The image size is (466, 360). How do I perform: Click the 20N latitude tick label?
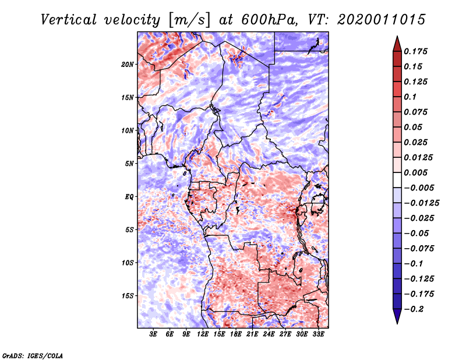(x=128, y=64)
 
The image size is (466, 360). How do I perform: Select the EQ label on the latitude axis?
(x=129, y=197)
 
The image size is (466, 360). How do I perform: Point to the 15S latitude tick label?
(x=128, y=296)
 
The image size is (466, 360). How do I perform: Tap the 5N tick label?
(x=130, y=164)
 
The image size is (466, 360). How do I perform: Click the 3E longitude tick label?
(x=154, y=334)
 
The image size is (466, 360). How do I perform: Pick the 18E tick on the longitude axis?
(x=236, y=334)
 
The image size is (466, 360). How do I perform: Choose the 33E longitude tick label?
(x=318, y=334)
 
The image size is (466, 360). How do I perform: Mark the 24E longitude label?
(x=269, y=334)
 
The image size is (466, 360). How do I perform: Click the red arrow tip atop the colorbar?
(x=396, y=42)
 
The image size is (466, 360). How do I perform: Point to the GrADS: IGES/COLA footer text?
(x=32, y=355)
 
